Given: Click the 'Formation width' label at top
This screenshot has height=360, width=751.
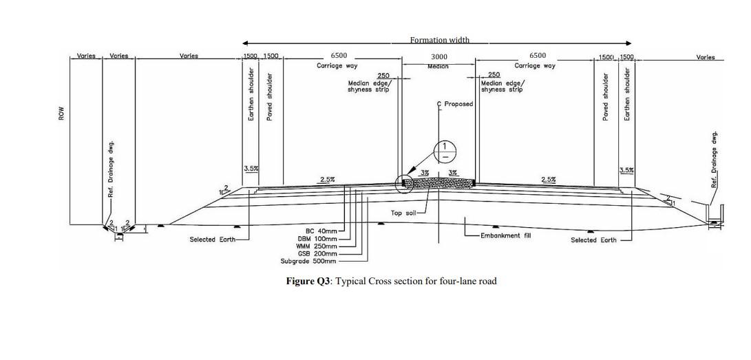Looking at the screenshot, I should [439, 40].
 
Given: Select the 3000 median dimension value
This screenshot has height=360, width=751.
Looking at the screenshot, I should [439, 56].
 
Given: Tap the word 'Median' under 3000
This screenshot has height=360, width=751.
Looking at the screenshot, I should [438, 66].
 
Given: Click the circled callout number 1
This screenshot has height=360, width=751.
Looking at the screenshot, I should [445, 149].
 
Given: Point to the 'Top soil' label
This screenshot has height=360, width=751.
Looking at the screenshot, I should [403, 213].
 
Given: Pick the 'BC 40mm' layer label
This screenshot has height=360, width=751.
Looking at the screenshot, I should [321, 231].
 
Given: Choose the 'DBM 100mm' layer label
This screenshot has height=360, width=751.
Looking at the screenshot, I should [317, 238].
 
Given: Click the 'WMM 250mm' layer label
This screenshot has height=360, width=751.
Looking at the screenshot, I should [317, 246].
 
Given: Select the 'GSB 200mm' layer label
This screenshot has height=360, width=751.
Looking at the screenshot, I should [318, 253].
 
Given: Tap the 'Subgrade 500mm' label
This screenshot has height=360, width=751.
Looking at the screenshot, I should [309, 261].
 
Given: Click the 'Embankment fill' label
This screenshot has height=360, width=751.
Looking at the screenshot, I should [506, 235].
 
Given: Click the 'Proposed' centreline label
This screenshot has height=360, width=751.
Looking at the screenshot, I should [458, 104].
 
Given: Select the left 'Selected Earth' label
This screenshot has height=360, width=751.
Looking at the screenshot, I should [212, 240].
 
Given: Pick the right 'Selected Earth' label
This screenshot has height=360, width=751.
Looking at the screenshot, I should [593, 240].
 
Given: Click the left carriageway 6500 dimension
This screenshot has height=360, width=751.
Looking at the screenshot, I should [339, 56].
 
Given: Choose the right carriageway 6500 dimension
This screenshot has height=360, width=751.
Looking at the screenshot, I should [538, 56].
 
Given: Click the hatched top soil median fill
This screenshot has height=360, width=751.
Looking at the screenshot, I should [439, 183].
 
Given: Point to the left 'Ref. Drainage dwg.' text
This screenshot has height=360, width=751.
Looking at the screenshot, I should [111, 169].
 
